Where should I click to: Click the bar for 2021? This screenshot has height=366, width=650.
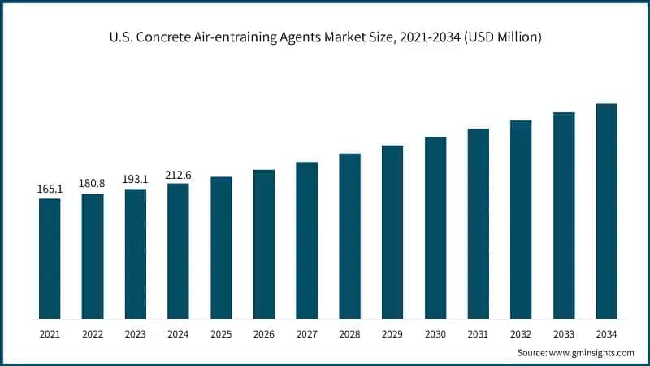click(x=50, y=259)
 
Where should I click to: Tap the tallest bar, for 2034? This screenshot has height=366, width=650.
click(x=606, y=211)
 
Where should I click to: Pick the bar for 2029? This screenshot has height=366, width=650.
click(x=392, y=232)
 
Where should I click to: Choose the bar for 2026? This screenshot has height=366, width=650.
click(x=264, y=244)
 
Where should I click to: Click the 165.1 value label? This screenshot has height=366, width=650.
click(x=50, y=189)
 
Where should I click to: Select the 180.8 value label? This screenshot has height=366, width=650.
click(x=93, y=184)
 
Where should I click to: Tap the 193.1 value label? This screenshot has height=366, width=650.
click(x=135, y=179)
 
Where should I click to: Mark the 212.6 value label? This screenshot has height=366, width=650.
click(x=178, y=173)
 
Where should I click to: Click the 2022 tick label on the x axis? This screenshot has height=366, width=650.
click(x=93, y=333)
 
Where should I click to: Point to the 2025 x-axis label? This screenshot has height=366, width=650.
click(x=221, y=333)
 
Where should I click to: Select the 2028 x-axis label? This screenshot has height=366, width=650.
click(x=349, y=333)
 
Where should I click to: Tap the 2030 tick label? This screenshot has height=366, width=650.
click(x=435, y=333)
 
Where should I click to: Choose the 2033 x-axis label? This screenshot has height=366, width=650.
click(x=564, y=333)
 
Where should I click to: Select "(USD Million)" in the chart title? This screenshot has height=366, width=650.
click(x=504, y=37)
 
